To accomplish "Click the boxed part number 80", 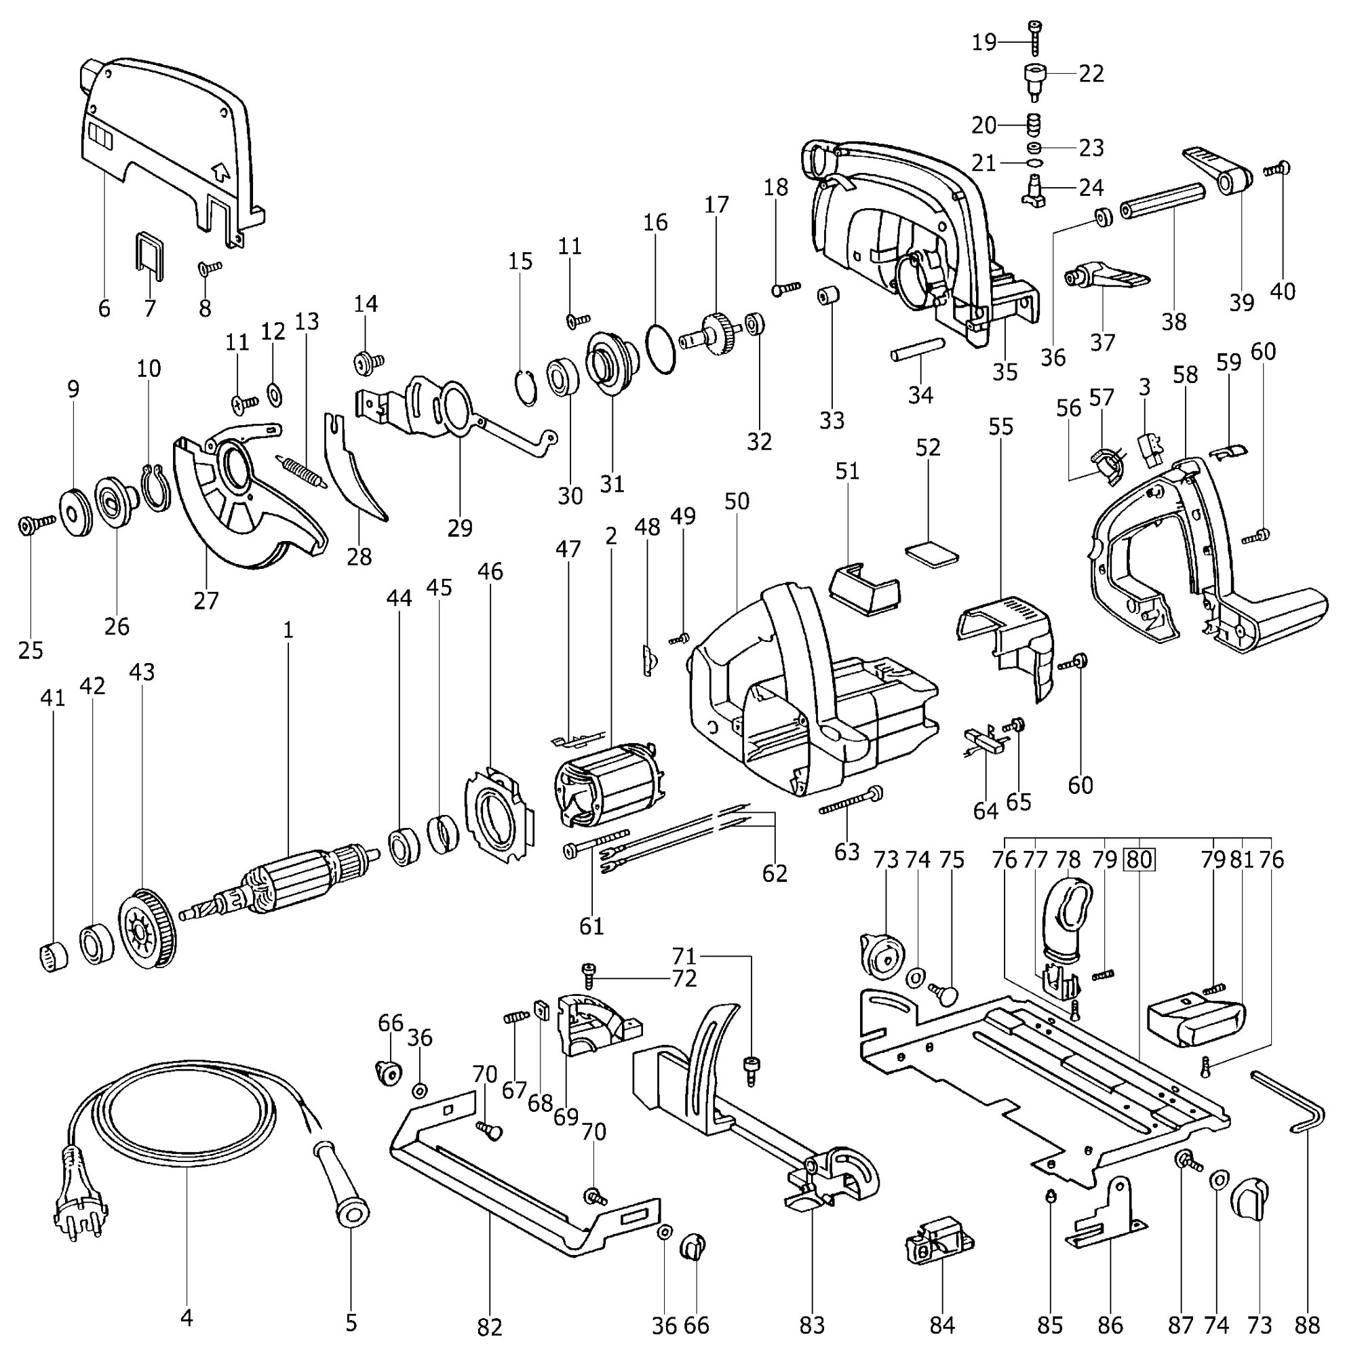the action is pyautogui.click(x=1139, y=860).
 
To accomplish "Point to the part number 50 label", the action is pyautogui.click(x=737, y=501).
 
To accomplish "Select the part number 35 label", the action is pyautogui.click(x=1005, y=372).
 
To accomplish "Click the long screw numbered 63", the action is pyautogui.click(x=850, y=801).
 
